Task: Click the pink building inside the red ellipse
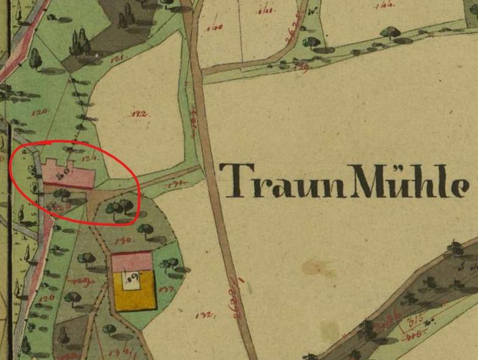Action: pos(67,175)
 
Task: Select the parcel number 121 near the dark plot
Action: pos(117,58)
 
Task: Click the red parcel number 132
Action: pos(204,315)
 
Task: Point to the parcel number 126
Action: pos(49,297)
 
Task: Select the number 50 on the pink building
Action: pos(62,175)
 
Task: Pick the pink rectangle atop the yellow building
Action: pos(132,262)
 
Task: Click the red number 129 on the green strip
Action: pos(299,65)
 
